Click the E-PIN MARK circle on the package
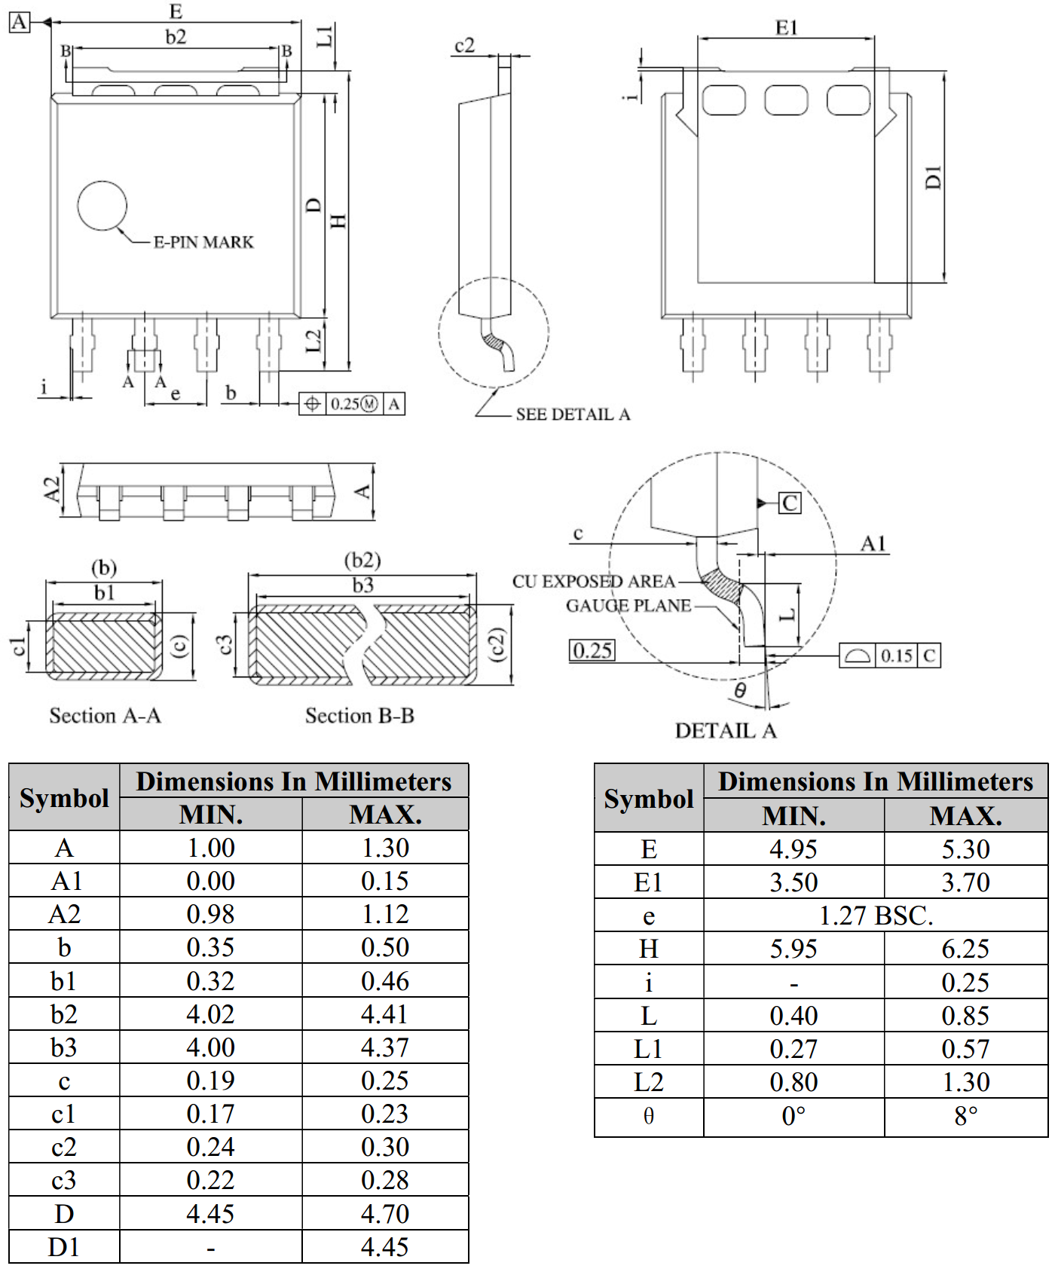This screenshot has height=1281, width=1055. (102, 206)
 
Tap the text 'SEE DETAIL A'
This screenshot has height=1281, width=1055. (573, 414)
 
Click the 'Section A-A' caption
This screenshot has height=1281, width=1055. (105, 715)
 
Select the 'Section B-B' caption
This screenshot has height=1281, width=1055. (359, 715)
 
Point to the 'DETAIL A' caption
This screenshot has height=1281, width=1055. (725, 731)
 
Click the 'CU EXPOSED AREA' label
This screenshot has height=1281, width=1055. (594, 582)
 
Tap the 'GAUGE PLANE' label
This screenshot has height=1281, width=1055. (628, 606)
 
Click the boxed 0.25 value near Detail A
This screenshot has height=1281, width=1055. (592, 650)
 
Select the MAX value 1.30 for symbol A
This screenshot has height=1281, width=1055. (385, 848)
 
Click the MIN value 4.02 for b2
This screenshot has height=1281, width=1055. (210, 1014)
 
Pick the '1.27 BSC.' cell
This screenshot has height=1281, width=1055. (876, 916)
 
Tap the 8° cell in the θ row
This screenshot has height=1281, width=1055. (965, 1116)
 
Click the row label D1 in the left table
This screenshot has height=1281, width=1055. (64, 1247)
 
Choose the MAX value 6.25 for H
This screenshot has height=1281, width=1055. (965, 949)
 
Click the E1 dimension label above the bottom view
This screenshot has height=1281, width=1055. (786, 28)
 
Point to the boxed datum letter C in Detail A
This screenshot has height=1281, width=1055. (790, 503)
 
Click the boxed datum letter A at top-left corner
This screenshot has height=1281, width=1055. (19, 22)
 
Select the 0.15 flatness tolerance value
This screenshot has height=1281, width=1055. (897, 656)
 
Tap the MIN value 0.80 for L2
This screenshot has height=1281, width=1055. (794, 1082)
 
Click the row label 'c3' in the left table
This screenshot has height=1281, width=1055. (64, 1180)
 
